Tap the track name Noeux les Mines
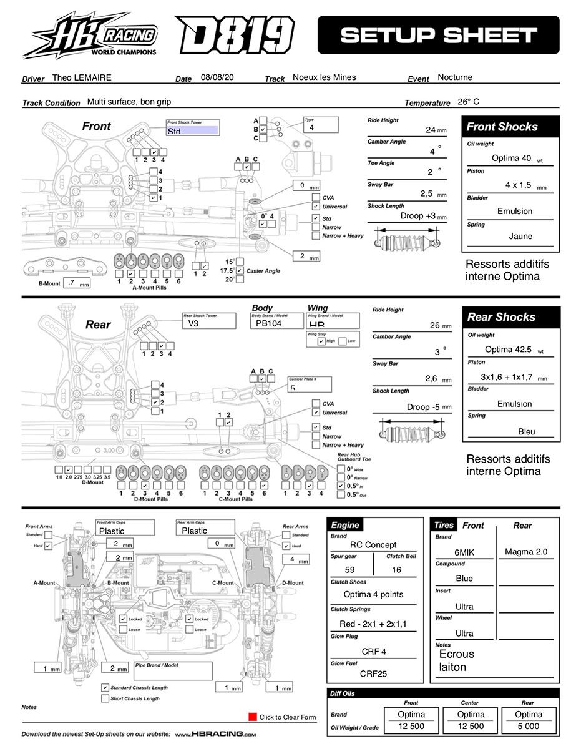coord(324,77)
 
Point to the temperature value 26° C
coord(468,102)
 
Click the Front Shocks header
coord(502,127)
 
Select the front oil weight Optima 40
coord(511,158)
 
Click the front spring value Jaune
coord(520,237)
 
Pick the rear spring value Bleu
coord(526,431)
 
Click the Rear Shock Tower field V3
coord(193,324)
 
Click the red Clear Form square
coord(252,717)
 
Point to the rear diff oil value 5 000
coord(528,727)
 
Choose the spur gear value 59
coord(350,570)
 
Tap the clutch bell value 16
coord(396,570)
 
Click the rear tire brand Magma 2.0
coord(525,552)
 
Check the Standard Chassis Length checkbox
coord(105,687)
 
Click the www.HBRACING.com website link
coord(215,735)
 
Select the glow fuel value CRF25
coord(373,673)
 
